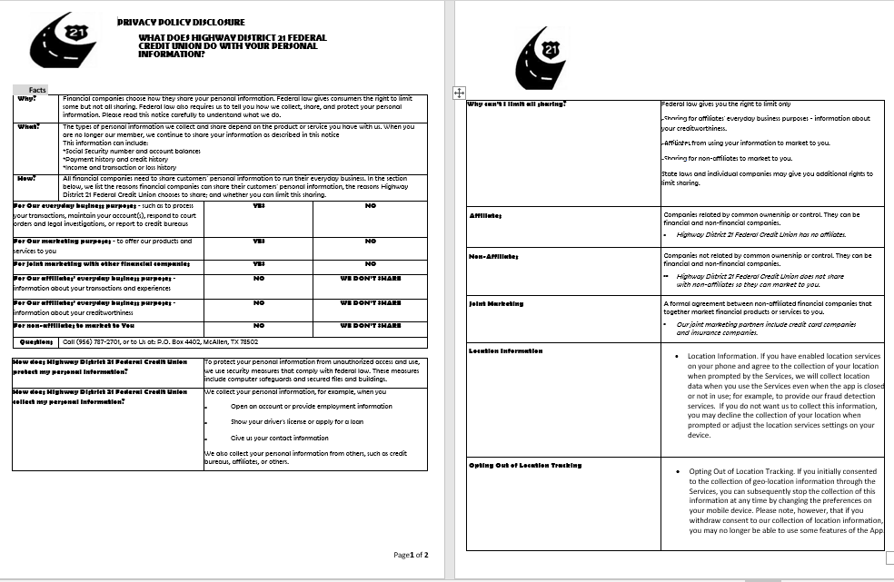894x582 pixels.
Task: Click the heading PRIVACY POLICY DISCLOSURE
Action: pyautogui.click(x=181, y=22)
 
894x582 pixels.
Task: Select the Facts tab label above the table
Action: pyautogui.click(x=37, y=89)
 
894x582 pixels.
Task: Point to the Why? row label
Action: pyautogui.click(x=25, y=98)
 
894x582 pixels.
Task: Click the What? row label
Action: pyautogui.click(x=27, y=126)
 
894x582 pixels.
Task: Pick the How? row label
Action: pyautogui.click(x=25, y=178)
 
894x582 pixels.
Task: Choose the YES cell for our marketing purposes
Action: pyautogui.click(x=258, y=241)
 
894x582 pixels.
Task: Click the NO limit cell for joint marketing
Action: pyautogui.click(x=370, y=263)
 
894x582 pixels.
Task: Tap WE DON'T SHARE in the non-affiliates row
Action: pyautogui.click(x=370, y=324)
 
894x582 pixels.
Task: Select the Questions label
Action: pyautogui.click(x=37, y=342)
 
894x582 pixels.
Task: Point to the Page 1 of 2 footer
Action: pyautogui.click(x=411, y=554)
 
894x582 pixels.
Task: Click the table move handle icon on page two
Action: pyautogui.click(x=459, y=92)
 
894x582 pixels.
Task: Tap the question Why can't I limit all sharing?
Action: pyautogui.click(x=516, y=104)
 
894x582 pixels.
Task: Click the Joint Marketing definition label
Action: pyautogui.click(x=496, y=303)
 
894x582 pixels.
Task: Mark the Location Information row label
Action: pyautogui.click(x=505, y=350)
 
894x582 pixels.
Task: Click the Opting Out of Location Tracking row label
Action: pyautogui.click(x=525, y=465)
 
